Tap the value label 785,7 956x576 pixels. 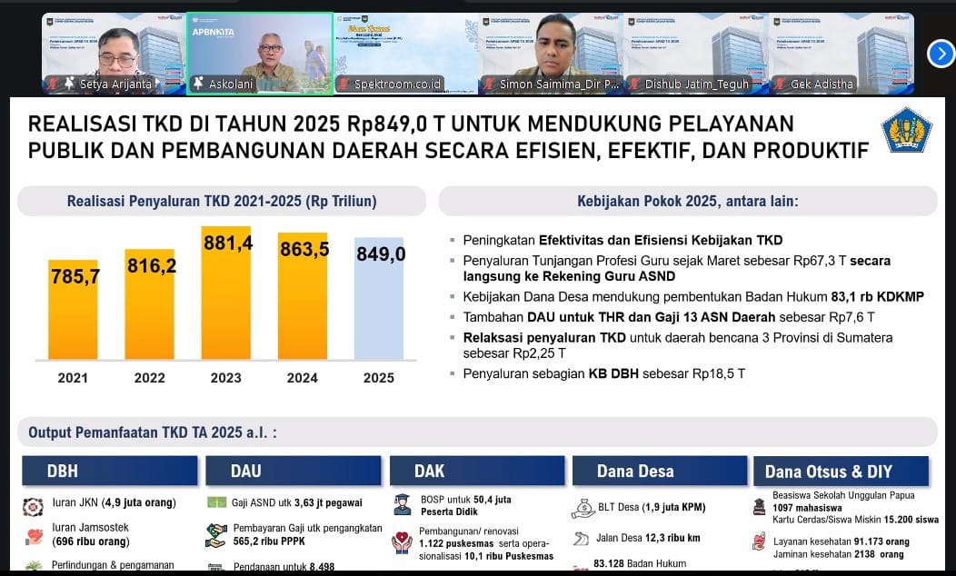(x=75, y=277)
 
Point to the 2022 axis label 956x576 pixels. (x=150, y=378)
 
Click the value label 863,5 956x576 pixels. (x=304, y=249)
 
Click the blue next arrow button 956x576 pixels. (x=941, y=54)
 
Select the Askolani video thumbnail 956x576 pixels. (x=260, y=52)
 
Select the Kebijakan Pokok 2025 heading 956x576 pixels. (x=687, y=201)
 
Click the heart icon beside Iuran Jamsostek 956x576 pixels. (x=34, y=534)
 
